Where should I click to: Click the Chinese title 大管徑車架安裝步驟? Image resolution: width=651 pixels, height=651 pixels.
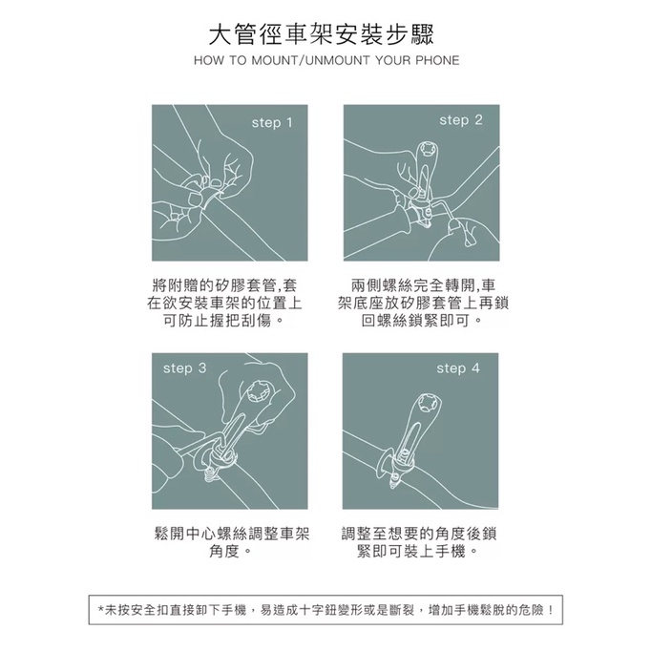click(321, 35)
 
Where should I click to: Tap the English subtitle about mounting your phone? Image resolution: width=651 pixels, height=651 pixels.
click(326, 61)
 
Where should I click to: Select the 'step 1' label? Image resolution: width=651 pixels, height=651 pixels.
click(272, 123)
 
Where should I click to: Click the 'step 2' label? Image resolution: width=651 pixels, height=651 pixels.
click(461, 120)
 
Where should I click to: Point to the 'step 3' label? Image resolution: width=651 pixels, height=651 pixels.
click(185, 368)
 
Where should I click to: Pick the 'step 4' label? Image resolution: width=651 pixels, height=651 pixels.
click(458, 368)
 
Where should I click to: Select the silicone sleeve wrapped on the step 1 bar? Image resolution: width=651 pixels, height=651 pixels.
click(210, 199)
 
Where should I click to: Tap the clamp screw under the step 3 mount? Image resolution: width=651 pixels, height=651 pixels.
click(211, 473)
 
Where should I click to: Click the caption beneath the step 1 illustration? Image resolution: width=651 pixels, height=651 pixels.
click(224, 304)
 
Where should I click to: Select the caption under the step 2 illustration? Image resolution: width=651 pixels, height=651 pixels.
click(423, 304)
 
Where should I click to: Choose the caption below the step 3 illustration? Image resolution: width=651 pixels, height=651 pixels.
click(232, 542)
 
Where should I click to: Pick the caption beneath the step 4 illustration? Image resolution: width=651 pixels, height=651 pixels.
click(419, 542)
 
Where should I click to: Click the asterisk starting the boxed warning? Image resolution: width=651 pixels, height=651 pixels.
click(101, 610)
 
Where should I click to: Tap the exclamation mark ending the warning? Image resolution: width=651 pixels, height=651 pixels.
click(551, 610)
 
